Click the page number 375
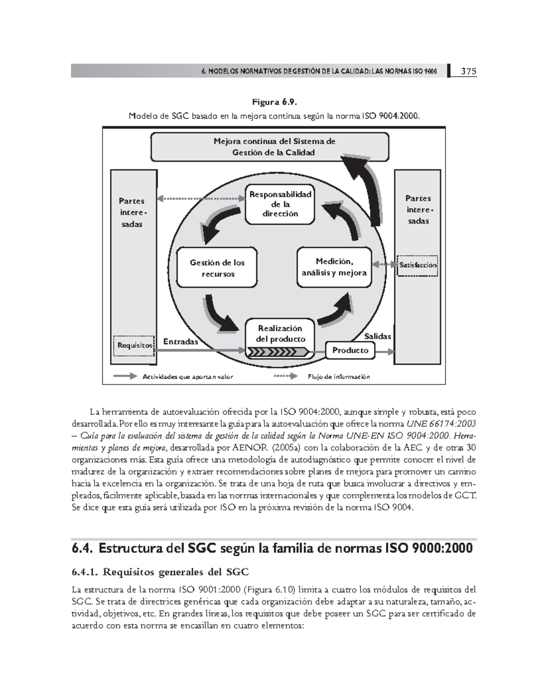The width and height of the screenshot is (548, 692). click(x=468, y=71)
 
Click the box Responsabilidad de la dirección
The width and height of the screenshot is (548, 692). click(x=280, y=204)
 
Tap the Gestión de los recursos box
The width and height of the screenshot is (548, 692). click(x=217, y=268)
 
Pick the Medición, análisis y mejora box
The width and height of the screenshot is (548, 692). click(x=334, y=267)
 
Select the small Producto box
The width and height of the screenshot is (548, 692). click(x=350, y=350)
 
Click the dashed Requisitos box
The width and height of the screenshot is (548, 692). click(x=134, y=345)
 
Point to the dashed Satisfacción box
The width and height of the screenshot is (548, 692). click(x=417, y=265)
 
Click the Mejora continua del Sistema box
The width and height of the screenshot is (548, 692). click(x=269, y=147)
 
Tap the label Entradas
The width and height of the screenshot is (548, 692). click(x=180, y=342)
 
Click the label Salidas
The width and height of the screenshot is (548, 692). click(x=377, y=336)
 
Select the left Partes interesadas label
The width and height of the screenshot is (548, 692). click(x=132, y=212)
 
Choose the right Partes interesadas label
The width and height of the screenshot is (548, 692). click(x=418, y=210)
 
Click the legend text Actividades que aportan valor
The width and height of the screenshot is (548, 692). click(x=188, y=377)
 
